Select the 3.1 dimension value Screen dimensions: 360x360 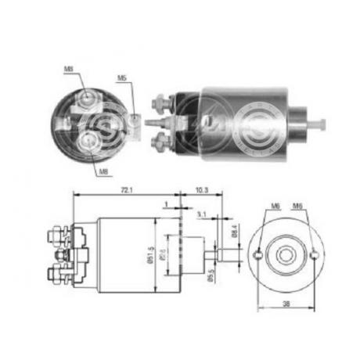[201, 214]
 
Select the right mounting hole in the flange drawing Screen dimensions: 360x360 [313, 254]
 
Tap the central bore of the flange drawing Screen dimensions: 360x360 [285, 254]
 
